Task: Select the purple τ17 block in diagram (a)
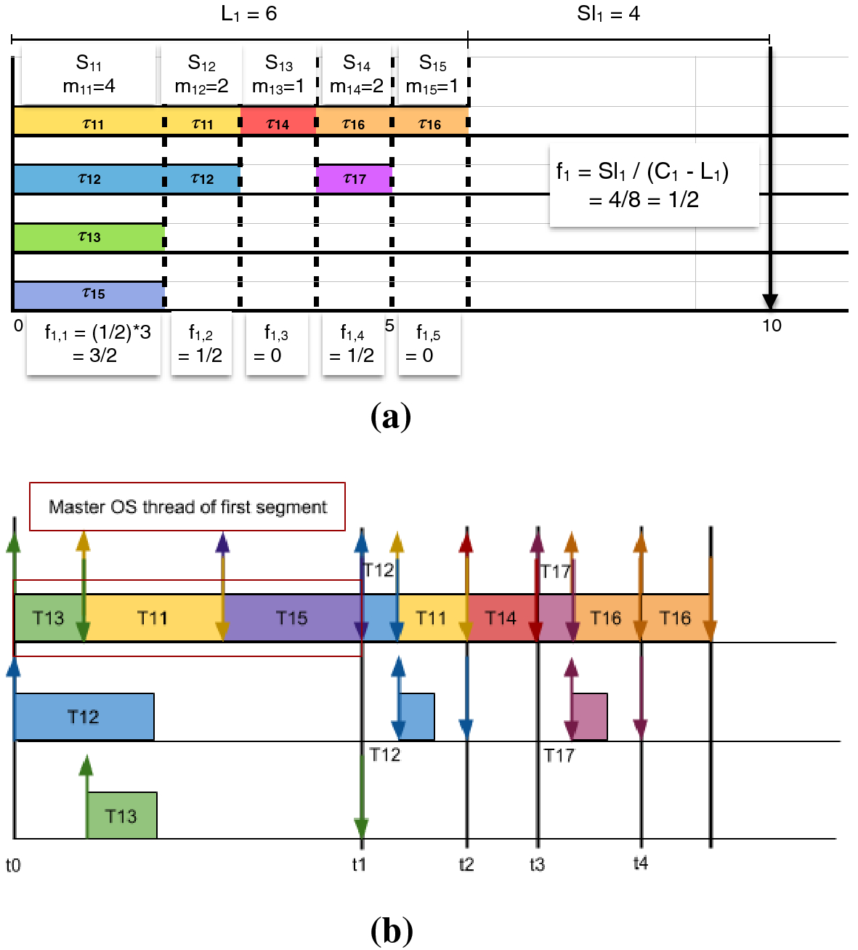(x=354, y=179)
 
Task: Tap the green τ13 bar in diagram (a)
(x=89, y=238)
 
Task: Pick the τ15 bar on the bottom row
(x=89, y=295)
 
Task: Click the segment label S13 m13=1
(x=278, y=75)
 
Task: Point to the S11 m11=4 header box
(x=89, y=75)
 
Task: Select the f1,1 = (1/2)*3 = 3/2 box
(x=94, y=345)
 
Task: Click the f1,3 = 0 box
(x=276, y=345)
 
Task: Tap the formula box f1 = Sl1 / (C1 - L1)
(x=654, y=185)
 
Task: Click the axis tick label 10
(x=772, y=326)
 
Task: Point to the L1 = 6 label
(x=248, y=14)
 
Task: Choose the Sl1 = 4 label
(x=608, y=14)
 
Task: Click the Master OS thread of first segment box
(x=187, y=507)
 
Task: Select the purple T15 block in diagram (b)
(x=291, y=618)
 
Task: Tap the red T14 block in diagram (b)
(x=501, y=618)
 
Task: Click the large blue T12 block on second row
(x=84, y=717)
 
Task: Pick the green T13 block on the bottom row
(x=121, y=816)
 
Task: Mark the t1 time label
(x=359, y=864)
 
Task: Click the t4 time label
(x=640, y=863)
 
